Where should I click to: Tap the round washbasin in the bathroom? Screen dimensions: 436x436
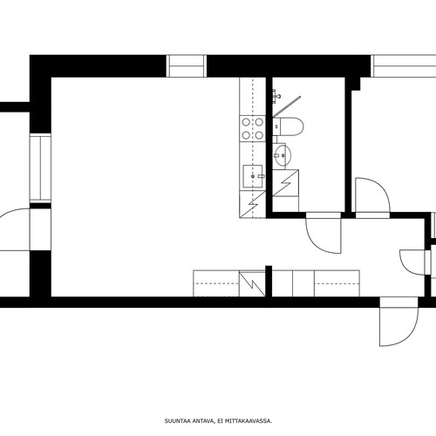(283, 155)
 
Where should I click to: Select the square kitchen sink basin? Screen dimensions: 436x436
(253, 176)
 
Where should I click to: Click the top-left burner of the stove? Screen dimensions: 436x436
(246, 122)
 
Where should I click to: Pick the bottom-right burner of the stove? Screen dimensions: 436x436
(259, 135)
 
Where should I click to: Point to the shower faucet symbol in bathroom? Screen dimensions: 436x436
(276, 96)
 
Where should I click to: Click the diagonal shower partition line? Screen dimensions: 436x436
(287, 106)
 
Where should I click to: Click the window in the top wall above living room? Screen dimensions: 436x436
(186, 66)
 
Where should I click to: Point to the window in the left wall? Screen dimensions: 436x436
(40, 167)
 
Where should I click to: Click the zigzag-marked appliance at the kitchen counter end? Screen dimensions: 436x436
(253, 204)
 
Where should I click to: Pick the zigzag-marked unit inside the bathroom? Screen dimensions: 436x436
(286, 183)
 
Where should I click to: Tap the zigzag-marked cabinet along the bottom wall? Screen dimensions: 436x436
(252, 283)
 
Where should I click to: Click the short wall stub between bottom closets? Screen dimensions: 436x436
(269, 282)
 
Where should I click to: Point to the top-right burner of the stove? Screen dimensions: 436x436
(259, 122)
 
